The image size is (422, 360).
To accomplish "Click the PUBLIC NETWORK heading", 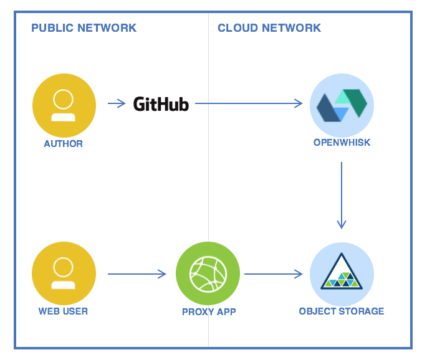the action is [84, 28].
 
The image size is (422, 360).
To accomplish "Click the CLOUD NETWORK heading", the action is [269, 28].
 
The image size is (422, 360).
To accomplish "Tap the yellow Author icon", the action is [64, 105].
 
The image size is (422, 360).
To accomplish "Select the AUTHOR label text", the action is [63, 144].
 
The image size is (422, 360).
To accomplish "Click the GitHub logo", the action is [161, 104].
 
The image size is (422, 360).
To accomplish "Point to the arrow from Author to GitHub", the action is [117, 103].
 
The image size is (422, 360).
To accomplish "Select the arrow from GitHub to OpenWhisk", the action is [249, 103].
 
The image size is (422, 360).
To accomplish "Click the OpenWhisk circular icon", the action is [342, 105].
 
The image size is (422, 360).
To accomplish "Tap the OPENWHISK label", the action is [342, 143].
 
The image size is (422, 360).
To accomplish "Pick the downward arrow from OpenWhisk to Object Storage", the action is [342, 195].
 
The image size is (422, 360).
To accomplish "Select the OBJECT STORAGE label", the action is [342, 311].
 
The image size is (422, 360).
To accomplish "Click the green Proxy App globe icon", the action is [208, 273].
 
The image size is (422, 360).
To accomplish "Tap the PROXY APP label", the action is [209, 312].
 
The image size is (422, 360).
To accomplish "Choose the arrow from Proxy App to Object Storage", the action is [274, 274].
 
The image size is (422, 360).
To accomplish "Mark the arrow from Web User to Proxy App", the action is [137, 274].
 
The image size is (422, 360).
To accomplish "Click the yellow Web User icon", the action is [64, 273].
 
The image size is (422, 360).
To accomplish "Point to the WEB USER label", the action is [63, 311].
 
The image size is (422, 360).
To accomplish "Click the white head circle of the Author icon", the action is [63, 99].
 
